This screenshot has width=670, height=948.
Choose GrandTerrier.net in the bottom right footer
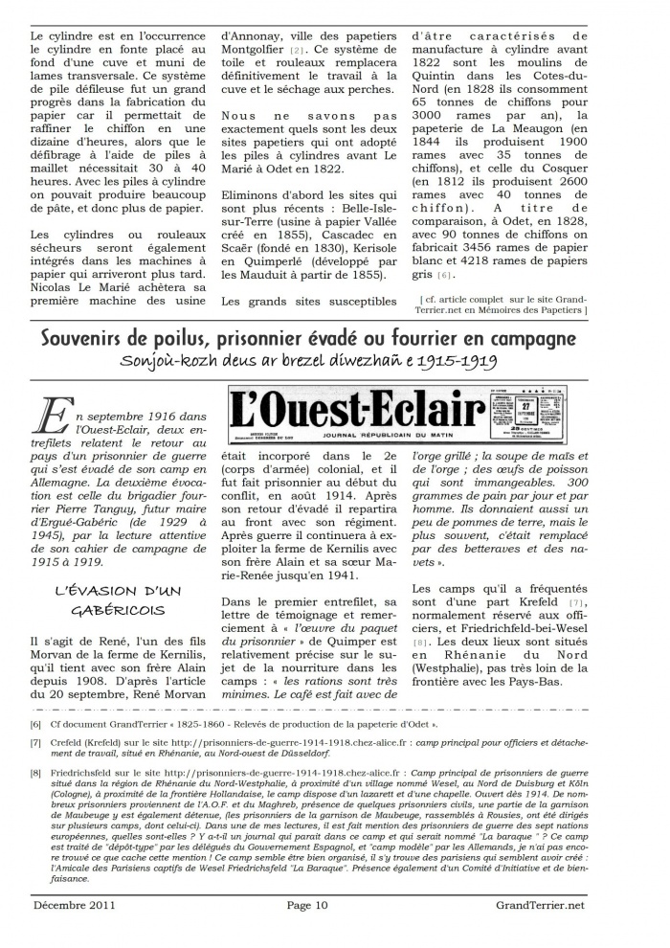tap(542, 904)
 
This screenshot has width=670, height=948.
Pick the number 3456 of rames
tap(476, 244)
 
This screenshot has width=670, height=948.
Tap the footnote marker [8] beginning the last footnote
tap(35, 771)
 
